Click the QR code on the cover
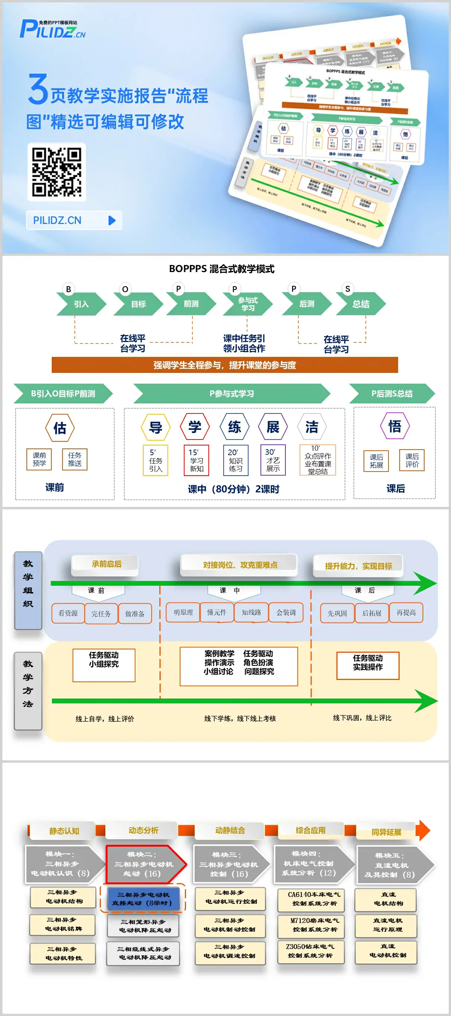click(x=57, y=172)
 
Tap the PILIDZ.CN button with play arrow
click(x=74, y=220)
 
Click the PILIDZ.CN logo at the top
click(x=52, y=29)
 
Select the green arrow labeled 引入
click(x=81, y=304)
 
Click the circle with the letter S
click(x=347, y=289)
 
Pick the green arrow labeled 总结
click(x=360, y=304)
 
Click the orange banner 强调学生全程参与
click(x=225, y=365)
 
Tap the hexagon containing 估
click(x=60, y=428)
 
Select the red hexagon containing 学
click(x=194, y=427)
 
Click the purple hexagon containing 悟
click(x=394, y=426)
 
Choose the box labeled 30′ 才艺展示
click(x=273, y=460)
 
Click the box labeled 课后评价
click(x=412, y=460)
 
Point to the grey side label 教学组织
click(x=28, y=590)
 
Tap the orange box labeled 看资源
click(x=68, y=613)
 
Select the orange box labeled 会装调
click(x=286, y=613)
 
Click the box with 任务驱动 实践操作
click(x=367, y=665)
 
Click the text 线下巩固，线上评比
click(x=362, y=718)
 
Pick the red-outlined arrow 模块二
click(x=144, y=864)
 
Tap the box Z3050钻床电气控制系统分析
click(x=311, y=951)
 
